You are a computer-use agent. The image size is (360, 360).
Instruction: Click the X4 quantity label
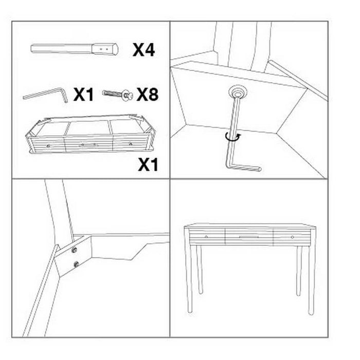[144, 50]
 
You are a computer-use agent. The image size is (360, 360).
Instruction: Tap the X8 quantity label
[146, 95]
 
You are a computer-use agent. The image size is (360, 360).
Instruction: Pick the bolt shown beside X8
[118, 95]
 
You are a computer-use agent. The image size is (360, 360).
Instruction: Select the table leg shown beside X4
[75, 48]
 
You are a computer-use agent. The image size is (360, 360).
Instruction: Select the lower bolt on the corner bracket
[76, 264]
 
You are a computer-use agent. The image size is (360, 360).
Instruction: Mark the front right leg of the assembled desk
[310, 280]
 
